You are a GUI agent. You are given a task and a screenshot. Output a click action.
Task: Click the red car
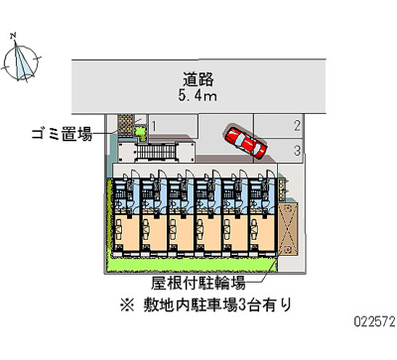click(x=243, y=141)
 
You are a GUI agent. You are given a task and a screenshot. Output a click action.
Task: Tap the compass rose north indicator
click(x=21, y=61)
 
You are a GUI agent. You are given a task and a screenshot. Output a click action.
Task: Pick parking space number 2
click(x=297, y=125)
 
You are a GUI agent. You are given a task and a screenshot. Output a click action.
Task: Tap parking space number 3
click(x=297, y=150)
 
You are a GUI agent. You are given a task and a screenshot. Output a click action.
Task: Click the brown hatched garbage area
click(x=126, y=126)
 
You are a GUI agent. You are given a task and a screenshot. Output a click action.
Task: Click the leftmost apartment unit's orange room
click(x=126, y=234)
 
